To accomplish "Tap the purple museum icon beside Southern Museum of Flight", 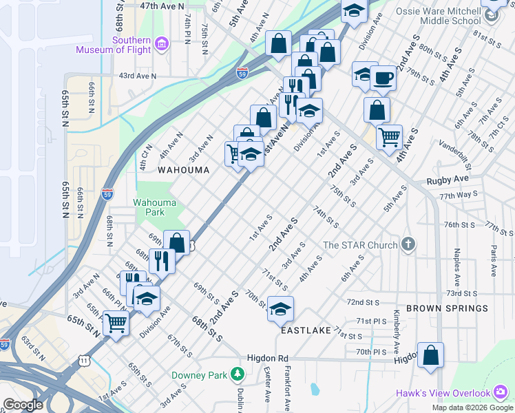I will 162,45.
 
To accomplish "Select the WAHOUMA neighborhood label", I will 182,169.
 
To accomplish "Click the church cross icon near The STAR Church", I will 408,244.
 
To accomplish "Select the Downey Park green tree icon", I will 238,374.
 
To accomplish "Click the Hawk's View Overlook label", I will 443,394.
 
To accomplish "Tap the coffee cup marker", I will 383,78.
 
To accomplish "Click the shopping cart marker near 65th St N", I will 116,322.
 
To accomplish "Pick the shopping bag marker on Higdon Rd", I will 430,356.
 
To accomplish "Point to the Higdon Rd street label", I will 268,359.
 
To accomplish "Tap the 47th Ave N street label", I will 162,6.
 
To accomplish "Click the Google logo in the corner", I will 23,405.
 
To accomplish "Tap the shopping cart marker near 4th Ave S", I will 390,136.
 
